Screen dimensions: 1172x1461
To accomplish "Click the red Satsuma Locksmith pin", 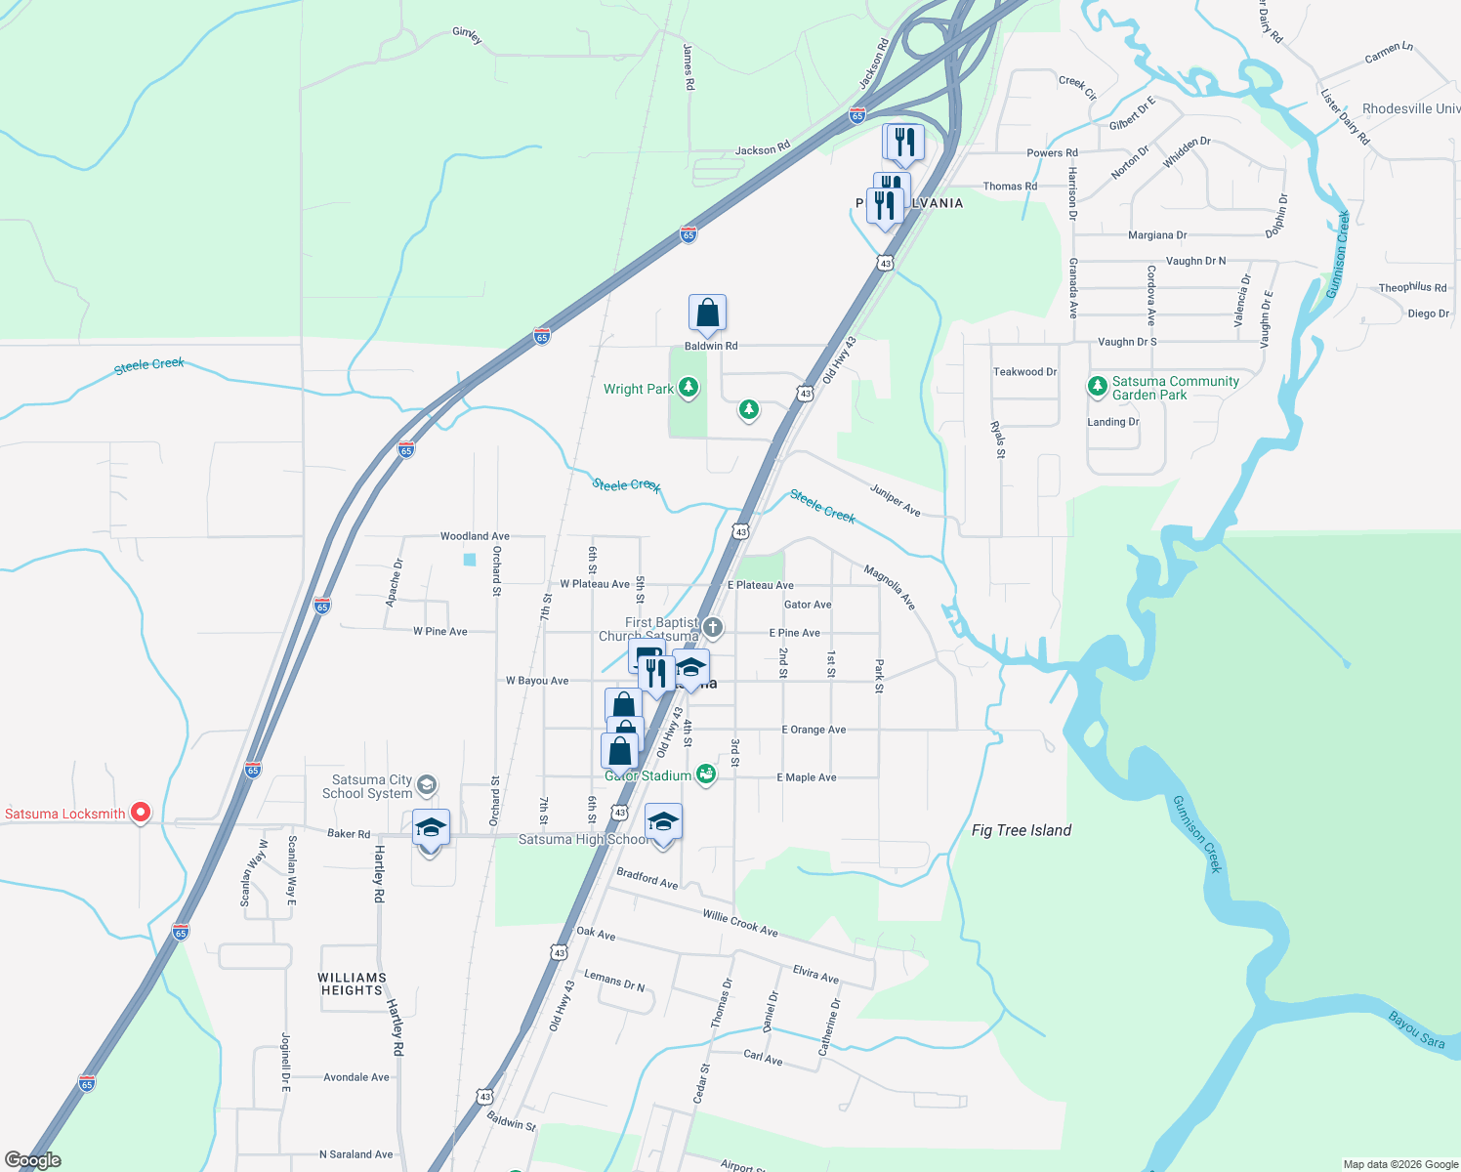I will [x=141, y=812].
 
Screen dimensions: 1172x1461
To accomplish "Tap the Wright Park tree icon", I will [x=689, y=388].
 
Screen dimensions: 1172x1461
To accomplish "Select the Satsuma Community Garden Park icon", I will [x=1097, y=387].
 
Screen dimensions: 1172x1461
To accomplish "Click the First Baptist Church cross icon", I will [x=713, y=628].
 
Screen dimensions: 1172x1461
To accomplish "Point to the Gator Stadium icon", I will [x=706, y=775].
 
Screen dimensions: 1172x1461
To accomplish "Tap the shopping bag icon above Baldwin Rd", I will [x=707, y=314].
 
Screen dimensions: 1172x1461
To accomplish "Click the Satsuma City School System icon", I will [x=426, y=785].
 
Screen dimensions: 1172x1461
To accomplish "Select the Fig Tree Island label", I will [x=1022, y=830].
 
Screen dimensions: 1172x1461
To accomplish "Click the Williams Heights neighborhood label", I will [x=352, y=984].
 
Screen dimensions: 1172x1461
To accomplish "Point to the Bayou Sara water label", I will [x=1417, y=1030].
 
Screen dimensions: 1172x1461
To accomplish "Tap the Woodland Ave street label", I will [x=475, y=536].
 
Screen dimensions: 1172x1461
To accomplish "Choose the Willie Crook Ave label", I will [x=740, y=923].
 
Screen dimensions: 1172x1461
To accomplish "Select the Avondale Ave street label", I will [x=356, y=1077].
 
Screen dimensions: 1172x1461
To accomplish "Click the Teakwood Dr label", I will [x=1024, y=372].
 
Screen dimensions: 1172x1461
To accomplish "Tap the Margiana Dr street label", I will [x=1157, y=235].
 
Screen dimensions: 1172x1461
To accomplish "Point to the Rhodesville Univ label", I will [x=1411, y=108].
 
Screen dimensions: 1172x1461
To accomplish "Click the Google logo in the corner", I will [x=32, y=1160].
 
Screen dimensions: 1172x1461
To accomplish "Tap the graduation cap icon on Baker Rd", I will [x=431, y=828].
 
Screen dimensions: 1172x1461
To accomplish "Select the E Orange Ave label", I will [x=814, y=730].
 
